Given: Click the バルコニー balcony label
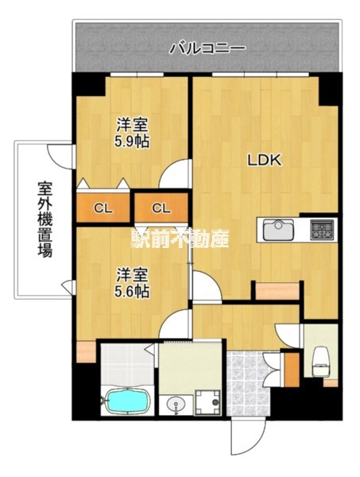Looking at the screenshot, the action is click(x=207, y=48).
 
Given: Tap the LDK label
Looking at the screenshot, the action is click(x=264, y=160).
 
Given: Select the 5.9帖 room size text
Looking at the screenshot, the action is click(x=132, y=142).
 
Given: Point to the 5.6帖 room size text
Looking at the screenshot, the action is click(x=132, y=292).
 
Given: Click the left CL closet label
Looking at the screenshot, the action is click(x=103, y=208).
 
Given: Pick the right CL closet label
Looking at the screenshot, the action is click(x=161, y=208).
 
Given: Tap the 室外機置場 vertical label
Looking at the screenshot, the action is click(x=45, y=219).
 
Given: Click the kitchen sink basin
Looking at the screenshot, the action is click(x=278, y=231).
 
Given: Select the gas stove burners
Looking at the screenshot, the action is click(x=322, y=230).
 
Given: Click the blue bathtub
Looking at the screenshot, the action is click(x=127, y=401).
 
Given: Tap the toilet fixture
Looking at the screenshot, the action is click(x=321, y=361).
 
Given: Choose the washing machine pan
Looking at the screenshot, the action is click(x=207, y=401).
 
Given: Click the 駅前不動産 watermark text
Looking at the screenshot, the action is click(x=180, y=238).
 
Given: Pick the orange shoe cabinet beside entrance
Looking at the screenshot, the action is click(x=292, y=370).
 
